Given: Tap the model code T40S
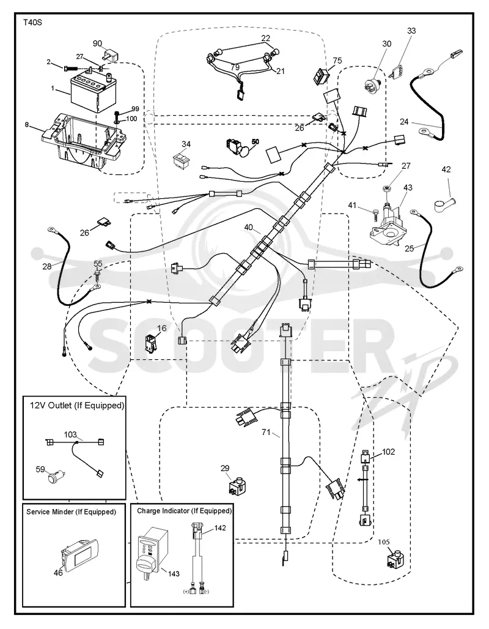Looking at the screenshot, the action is click(32, 23).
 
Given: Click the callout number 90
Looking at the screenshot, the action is click(97, 43).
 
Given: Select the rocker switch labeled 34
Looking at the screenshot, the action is click(182, 158).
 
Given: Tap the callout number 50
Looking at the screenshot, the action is click(256, 141).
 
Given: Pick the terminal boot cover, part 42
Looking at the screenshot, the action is click(442, 203).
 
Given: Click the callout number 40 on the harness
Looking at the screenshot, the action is click(249, 228).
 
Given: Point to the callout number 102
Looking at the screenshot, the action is click(388, 452).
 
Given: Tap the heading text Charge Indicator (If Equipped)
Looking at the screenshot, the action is click(185, 511).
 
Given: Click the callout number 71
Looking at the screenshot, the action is click(266, 432).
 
